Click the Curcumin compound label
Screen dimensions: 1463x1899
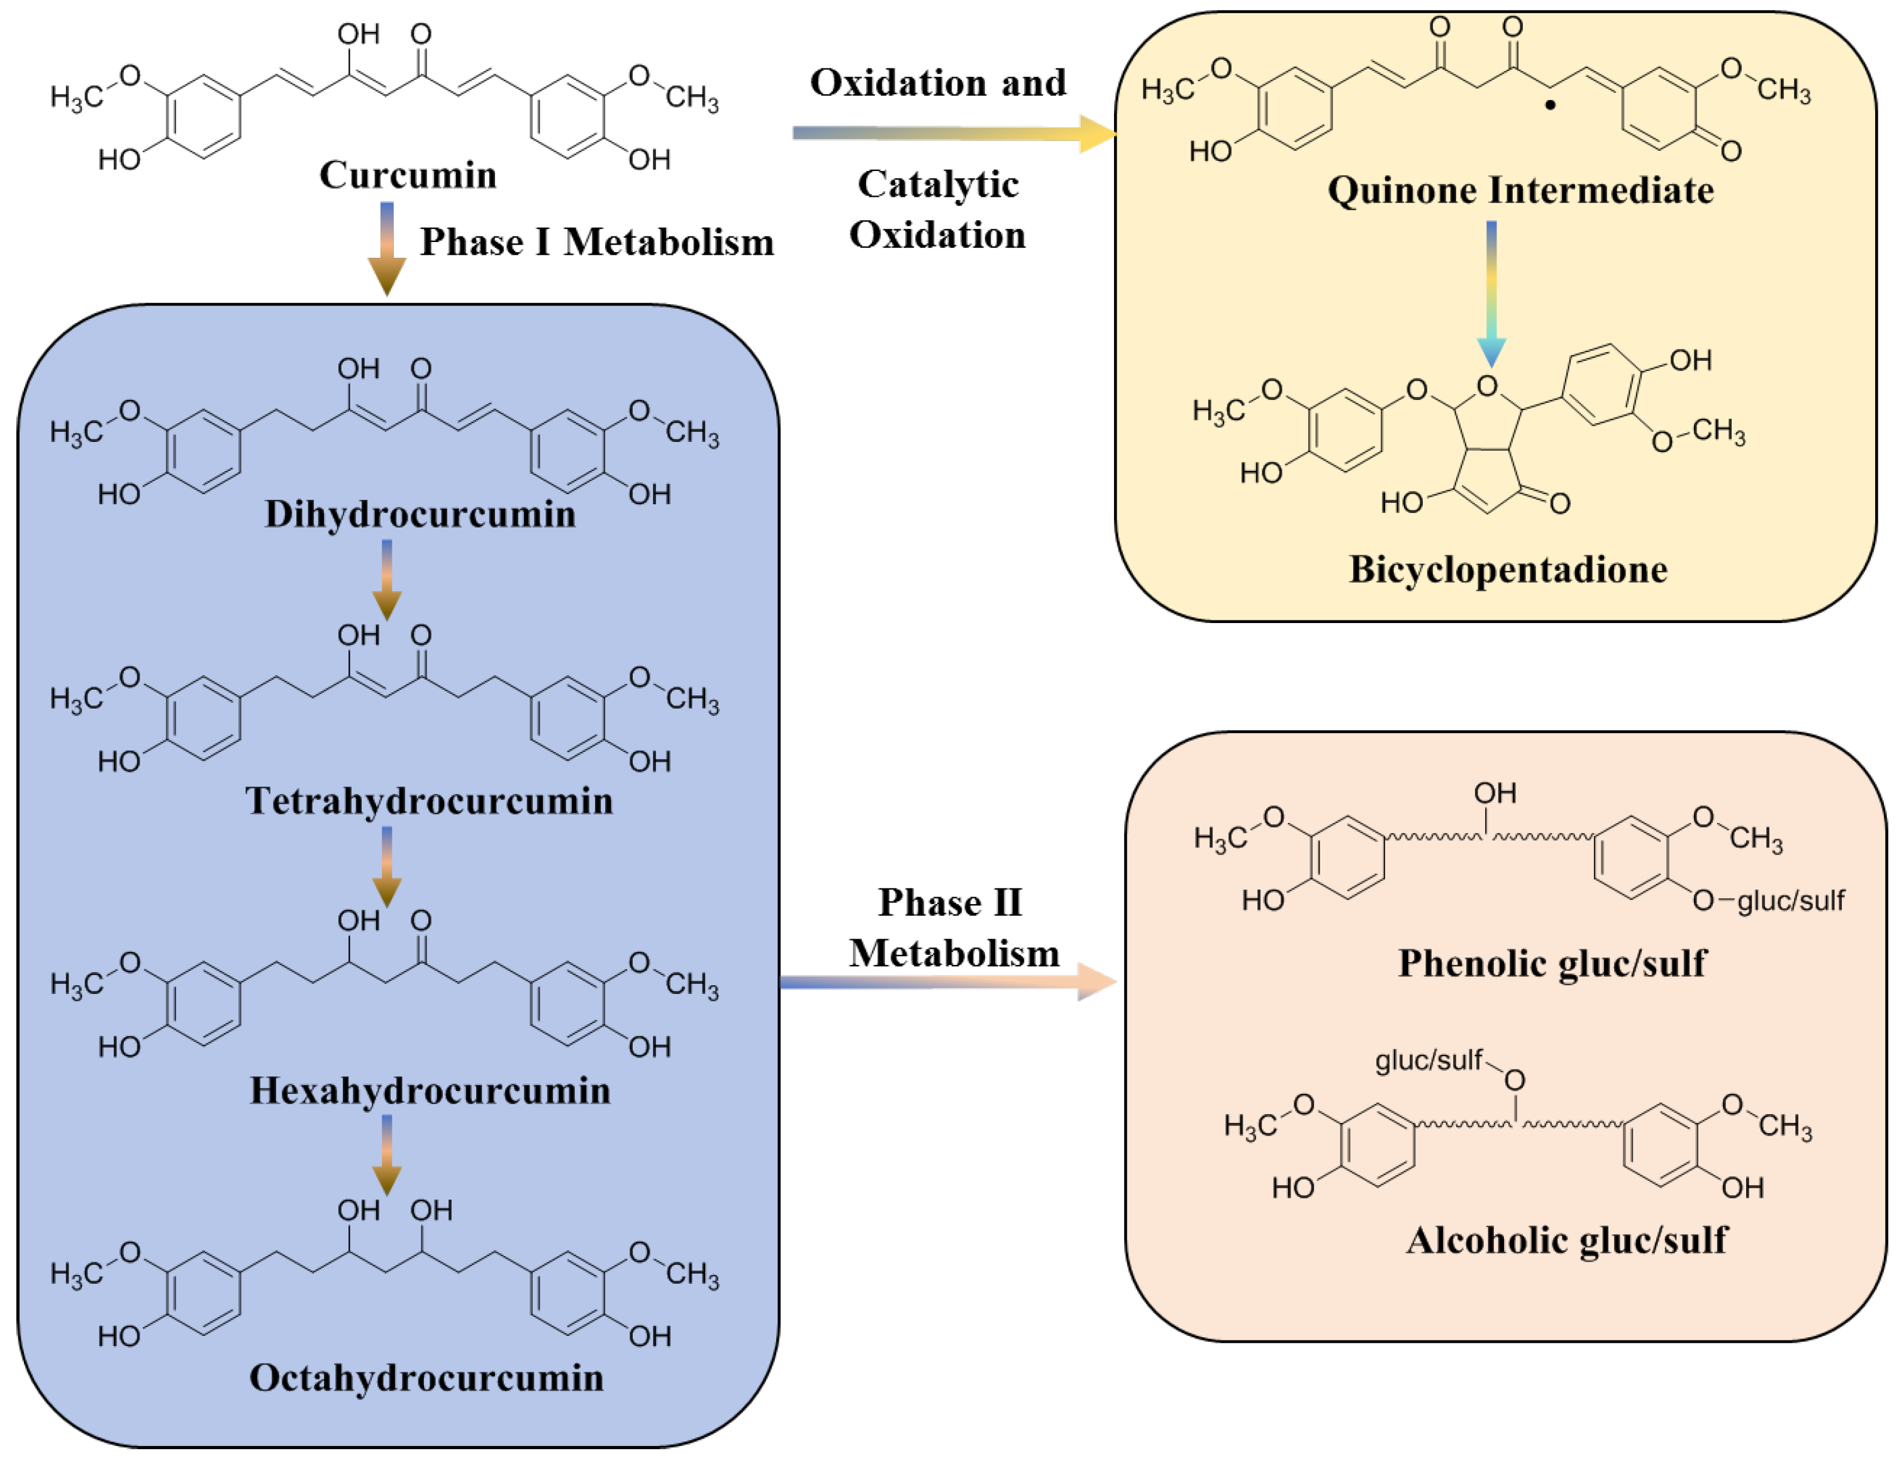pyautogui.click(x=408, y=175)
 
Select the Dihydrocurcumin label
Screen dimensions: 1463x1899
pyautogui.click(x=420, y=514)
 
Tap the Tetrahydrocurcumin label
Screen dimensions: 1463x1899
pyautogui.click(x=428, y=800)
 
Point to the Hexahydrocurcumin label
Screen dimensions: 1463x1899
pyautogui.click(x=430, y=1090)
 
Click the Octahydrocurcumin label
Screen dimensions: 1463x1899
pyautogui.click(x=426, y=1378)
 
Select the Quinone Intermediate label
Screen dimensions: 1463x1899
pyautogui.click(x=1520, y=190)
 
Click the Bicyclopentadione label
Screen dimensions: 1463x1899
pyautogui.click(x=1508, y=570)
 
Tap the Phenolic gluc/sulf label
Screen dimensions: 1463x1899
pyautogui.click(x=1552, y=963)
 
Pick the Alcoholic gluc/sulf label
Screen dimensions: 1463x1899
pyautogui.click(x=1566, y=1240)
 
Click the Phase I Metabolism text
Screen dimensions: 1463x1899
pyautogui.click(x=596, y=243)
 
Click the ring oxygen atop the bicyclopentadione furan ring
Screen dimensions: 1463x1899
pyautogui.click(x=1487, y=386)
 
